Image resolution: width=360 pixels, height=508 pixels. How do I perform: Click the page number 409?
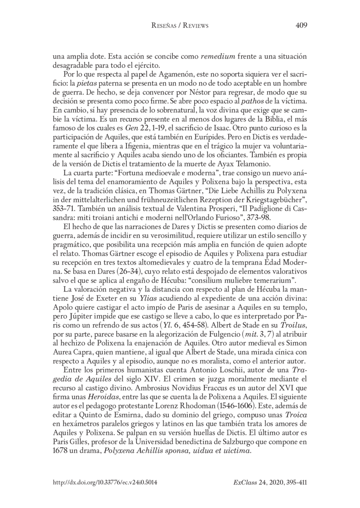[x=301, y=26]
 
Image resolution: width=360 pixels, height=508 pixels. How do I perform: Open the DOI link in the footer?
[x=105, y=482]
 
